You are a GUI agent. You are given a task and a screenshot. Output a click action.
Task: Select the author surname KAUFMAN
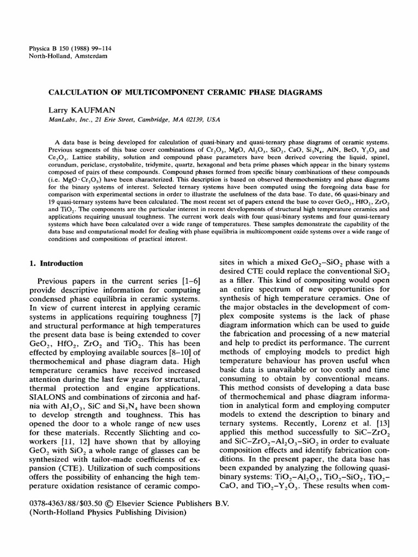click(x=93, y=110)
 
